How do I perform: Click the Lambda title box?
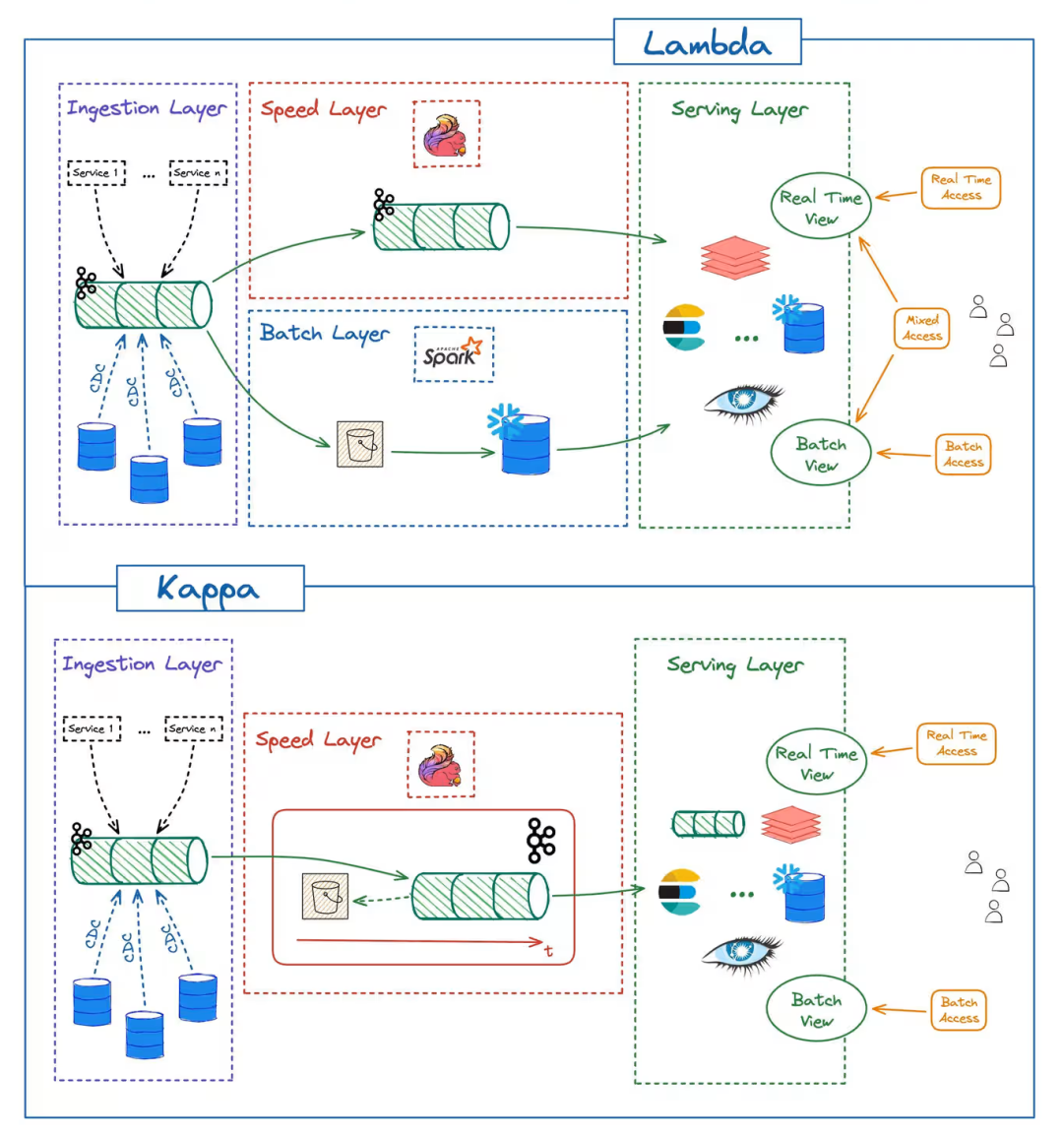click(x=707, y=43)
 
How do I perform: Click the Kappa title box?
click(x=210, y=589)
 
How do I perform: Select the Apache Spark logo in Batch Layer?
click(x=453, y=353)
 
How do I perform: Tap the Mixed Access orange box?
click(x=922, y=328)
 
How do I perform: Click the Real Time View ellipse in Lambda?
click(x=821, y=208)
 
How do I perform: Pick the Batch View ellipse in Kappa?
click(x=816, y=1009)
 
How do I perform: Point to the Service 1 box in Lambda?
click(x=96, y=173)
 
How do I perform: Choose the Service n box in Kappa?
click(x=193, y=729)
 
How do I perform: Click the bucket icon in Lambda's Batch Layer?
click(x=359, y=445)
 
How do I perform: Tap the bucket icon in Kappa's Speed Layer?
click(x=325, y=896)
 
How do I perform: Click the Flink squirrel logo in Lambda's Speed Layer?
click(x=446, y=135)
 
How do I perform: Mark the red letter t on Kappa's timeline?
click(x=548, y=950)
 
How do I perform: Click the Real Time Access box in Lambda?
click(x=961, y=187)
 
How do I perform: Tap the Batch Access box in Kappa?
click(x=958, y=1010)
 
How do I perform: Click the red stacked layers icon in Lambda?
click(x=735, y=257)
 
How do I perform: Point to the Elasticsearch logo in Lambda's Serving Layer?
click(x=684, y=328)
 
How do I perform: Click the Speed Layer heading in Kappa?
click(x=318, y=739)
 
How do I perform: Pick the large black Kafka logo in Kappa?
click(x=540, y=841)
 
